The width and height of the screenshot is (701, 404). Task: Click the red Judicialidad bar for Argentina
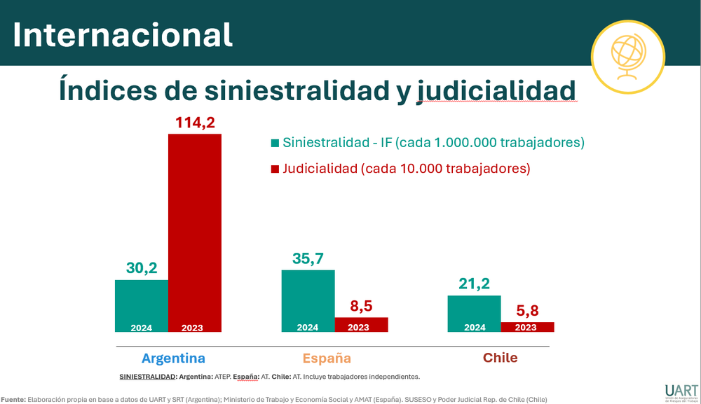pyautogui.click(x=195, y=231)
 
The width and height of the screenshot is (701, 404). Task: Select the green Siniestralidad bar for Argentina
pyautogui.click(x=142, y=305)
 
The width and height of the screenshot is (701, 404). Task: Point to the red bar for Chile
pyautogui.click(x=527, y=327)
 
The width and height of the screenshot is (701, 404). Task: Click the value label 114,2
pyautogui.click(x=194, y=123)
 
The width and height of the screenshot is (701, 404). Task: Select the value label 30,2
pyautogui.click(x=142, y=267)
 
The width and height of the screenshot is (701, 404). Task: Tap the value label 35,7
pyautogui.click(x=308, y=258)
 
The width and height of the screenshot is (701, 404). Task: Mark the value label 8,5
pyautogui.click(x=360, y=305)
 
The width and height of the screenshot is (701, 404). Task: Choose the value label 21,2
pyautogui.click(x=475, y=284)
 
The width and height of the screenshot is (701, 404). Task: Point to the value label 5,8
pyautogui.click(x=528, y=310)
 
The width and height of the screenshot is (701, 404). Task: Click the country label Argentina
pyautogui.click(x=173, y=358)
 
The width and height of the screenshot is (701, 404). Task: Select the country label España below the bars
pyautogui.click(x=327, y=358)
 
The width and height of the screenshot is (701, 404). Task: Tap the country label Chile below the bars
pyautogui.click(x=500, y=358)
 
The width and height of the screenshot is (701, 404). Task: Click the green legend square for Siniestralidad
pyautogui.click(x=275, y=144)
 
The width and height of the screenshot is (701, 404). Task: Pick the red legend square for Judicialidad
pyautogui.click(x=275, y=169)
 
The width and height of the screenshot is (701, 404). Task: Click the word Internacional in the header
pyautogui.click(x=123, y=34)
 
